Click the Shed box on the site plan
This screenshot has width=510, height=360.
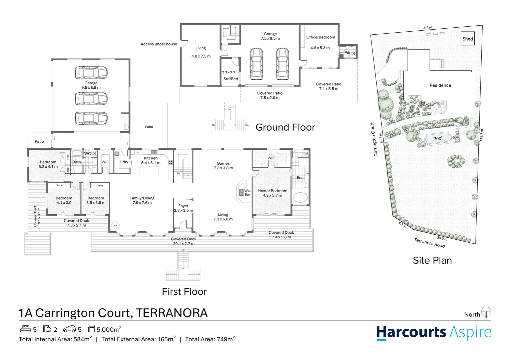coord(467,39)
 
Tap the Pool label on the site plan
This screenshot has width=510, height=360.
coord(438,138)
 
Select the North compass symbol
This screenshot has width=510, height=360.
coord(486,312)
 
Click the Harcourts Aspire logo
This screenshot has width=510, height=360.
coord(434,333)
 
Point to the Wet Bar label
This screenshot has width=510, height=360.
coord(247,193)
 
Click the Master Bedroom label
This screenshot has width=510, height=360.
coord(272,191)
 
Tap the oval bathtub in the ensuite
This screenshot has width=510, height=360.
coord(300,197)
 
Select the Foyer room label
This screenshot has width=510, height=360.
coord(183,206)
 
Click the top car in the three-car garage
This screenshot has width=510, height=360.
coord(91,72)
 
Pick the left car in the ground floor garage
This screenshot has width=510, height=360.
coord(256,63)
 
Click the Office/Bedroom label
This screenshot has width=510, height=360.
coord(321,37)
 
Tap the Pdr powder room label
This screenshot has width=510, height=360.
coord(347,53)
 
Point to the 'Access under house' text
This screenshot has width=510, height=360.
coord(159,44)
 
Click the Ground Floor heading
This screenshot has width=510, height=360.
coord(285,127)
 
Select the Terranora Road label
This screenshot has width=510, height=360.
coord(429,243)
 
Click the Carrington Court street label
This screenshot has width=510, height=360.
coord(374,139)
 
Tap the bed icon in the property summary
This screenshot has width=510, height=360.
coord(26,329)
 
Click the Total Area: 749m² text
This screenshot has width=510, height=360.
coord(210,339)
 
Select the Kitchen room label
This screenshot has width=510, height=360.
coord(151,158)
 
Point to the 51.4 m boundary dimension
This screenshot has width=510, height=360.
coord(427,28)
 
